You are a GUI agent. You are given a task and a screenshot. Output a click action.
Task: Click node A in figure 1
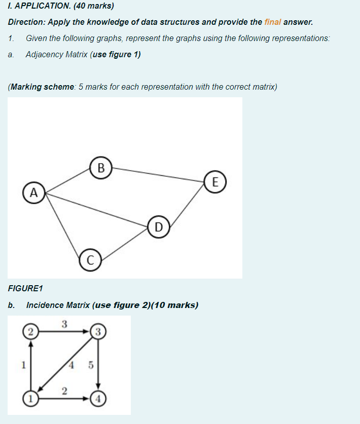pos(33,192)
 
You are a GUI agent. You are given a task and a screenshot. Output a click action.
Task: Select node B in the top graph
pos(101,167)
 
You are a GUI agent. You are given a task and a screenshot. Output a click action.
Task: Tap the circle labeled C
pos(90,260)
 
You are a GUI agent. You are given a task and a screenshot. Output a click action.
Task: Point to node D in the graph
pos(159,227)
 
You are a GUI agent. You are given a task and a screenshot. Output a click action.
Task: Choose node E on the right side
pos(215,182)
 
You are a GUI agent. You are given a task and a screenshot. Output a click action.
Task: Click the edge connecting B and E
pos(157,174)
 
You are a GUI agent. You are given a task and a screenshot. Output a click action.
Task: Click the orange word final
pos(273,22)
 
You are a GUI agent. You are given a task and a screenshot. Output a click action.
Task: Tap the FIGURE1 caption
pos(26,288)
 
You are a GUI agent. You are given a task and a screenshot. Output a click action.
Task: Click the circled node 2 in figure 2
pos(31,332)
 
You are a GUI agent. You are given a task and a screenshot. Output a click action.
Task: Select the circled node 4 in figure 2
pos(97,398)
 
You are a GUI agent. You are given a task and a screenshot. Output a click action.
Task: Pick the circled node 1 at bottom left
pos(31,398)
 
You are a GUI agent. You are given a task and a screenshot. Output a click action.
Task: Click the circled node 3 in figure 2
pos(97,332)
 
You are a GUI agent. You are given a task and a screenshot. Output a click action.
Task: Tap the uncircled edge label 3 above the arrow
pos(64,324)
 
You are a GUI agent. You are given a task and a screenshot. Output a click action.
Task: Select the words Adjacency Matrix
pos(56,54)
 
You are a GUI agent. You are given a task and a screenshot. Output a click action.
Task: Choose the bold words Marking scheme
pos(42,87)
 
